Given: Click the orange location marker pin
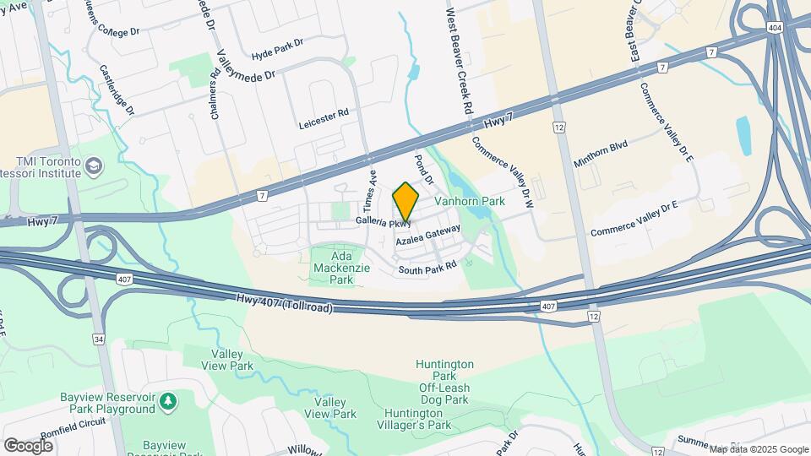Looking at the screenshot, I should pyautogui.click(x=405, y=202).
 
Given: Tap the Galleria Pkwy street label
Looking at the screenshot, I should pyautogui.click(x=383, y=222).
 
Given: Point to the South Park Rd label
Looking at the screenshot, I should pyautogui.click(x=427, y=265).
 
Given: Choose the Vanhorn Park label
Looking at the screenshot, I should pyautogui.click(x=469, y=202).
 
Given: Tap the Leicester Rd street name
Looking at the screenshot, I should pyautogui.click(x=324, y=119).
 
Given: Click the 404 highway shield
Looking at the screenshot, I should pyautogui.click(x=776, y=28).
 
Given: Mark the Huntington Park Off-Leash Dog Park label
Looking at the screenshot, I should pyautogui.click(x=444, y=382).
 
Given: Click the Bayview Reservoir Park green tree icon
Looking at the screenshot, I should pyautogui.click(x=168, y=399).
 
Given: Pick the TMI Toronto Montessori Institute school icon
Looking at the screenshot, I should pyautogui.click(x=92, y=164).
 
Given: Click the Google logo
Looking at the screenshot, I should pyautogui.click(x=28, y=445).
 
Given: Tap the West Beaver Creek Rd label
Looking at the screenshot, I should pyautogui.click(x=458, y=63).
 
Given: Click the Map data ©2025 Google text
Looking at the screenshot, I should pyautogui.click(x=758, y=449).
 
